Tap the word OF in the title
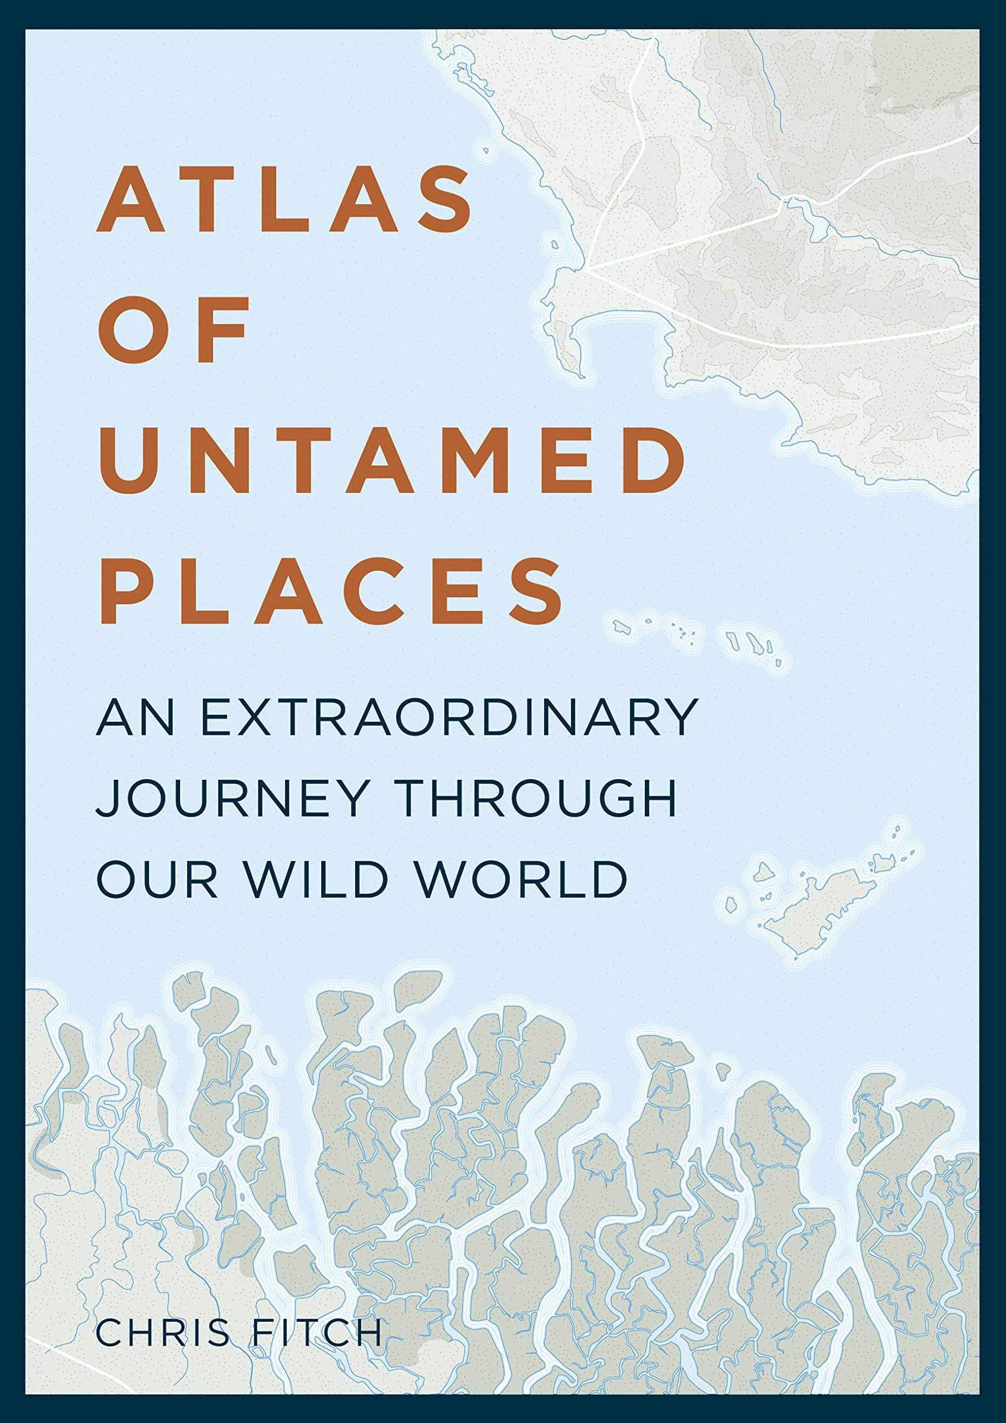pos(173,330)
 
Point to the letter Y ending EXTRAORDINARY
pos(680,718)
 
